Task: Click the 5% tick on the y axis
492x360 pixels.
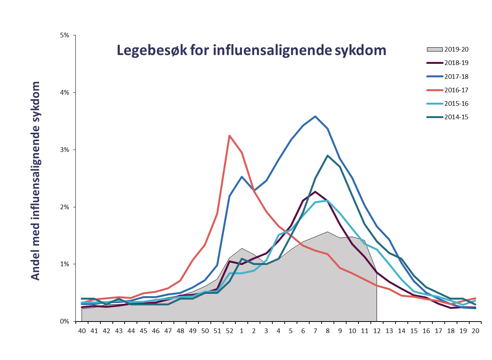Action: [65, 35]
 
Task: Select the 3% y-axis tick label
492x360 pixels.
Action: [65, 150]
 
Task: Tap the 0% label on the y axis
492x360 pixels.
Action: [65, 322]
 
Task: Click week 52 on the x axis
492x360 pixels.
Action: [229, 330]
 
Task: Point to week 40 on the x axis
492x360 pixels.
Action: [82, 330]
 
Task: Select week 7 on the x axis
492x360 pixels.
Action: [315, 330]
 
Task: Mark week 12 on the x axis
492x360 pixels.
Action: [377, 330]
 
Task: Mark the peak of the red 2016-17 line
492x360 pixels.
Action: [229, 135]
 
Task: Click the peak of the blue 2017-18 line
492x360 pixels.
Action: [315, 116]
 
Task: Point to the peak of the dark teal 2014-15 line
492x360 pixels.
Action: [327, 155]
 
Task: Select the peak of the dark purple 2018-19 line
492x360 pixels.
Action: [315, 192]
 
